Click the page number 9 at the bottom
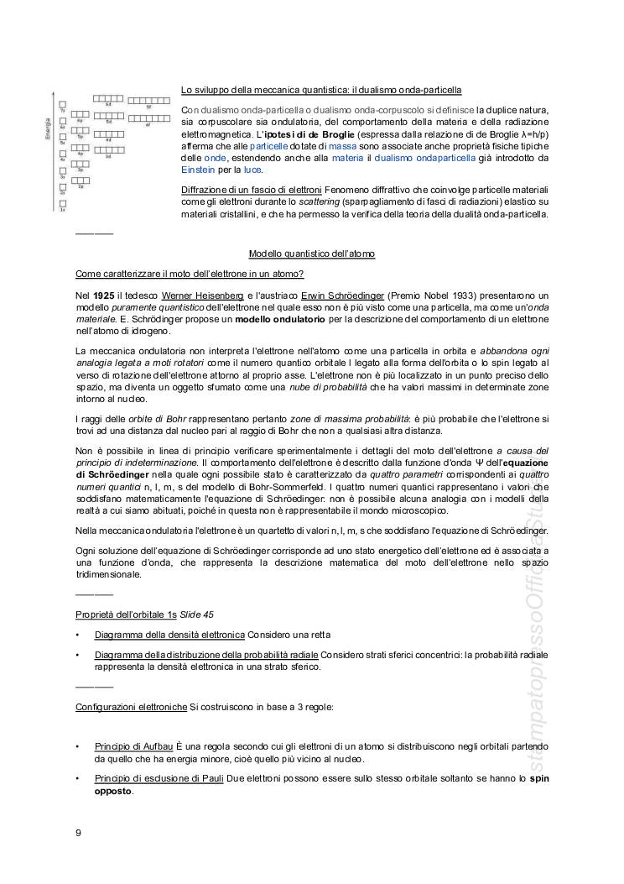point(78,833)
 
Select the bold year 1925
point(104,296)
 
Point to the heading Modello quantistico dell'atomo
point(311,254)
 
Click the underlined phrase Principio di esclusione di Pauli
point(159,778)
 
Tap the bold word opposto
point(113,790)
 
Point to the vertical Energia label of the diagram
point(49,129)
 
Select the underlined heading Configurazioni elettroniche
point(131,707)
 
